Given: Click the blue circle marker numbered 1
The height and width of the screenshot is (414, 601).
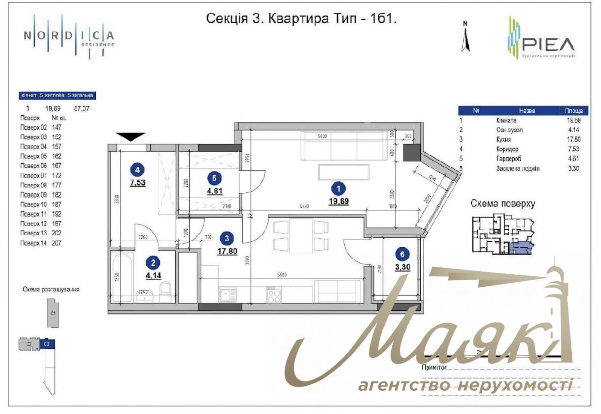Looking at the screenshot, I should click(x=338, y=189).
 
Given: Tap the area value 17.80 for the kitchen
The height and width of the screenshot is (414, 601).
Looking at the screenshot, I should click(x=227, y=251).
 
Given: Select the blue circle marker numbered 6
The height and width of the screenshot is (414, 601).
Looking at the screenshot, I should click(x=402, y=254).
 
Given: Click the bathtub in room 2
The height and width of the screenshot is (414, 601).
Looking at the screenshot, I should click(x=123, y=276).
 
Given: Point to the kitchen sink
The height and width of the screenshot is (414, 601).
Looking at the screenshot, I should click(x=228, y=295).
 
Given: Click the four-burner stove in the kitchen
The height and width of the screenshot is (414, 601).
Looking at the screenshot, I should click(x=274, y=295).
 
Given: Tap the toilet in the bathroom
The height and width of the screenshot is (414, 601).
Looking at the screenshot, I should click(x=166, y=289).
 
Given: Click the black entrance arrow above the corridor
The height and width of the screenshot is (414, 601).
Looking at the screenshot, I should click(x=131, y=137).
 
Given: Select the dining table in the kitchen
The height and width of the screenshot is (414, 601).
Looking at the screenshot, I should click(x=300, y=235).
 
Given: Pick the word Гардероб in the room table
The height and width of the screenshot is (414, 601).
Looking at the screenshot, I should click(x=509, y=159).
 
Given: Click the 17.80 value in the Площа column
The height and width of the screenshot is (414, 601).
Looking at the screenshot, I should click(x=574, y=139).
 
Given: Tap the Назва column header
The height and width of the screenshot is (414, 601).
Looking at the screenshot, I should click(x=527, y=111).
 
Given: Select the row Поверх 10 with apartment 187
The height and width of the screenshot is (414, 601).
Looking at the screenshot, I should click(x=41, y=204).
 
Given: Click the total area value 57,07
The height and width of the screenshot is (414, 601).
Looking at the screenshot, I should click(x=82, y=108).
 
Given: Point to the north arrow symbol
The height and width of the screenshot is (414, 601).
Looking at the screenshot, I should click(x=465, y=39).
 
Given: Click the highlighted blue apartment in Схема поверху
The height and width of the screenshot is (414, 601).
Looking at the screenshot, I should click(x=522, y=247).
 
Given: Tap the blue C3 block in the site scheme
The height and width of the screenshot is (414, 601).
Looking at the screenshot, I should click(x=47, y=344).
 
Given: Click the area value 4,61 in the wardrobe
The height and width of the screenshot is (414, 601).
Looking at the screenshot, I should click(x=215, y=191).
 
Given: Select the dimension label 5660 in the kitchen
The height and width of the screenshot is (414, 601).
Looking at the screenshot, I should click(x=282, y=275).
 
